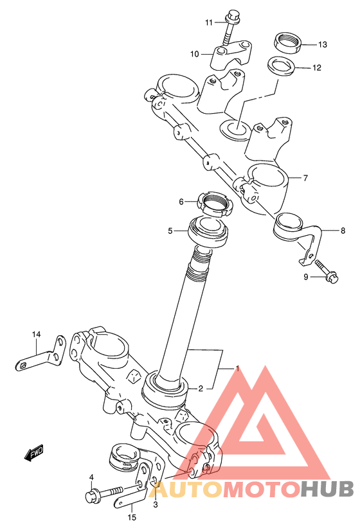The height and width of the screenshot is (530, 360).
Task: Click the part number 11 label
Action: click(x=209, y=22)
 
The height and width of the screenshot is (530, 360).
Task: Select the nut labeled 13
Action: click(x=287, y=42)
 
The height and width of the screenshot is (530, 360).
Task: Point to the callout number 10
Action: click(x=195, y=54)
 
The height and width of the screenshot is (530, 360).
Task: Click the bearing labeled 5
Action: click(x=208, y=232)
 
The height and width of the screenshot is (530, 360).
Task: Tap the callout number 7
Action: click(x=305, y=177)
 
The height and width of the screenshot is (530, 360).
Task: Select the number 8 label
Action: click(x=343, y=231)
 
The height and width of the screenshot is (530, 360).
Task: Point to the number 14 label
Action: click(x=36, y=334)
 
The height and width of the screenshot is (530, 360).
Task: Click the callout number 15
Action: click(x=132, y=517)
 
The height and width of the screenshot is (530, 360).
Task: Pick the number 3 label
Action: click(x=156, y=505)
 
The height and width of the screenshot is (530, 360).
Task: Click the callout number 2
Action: click(x=201, y=389)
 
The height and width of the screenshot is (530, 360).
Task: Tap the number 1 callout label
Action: click(x=237, y=368)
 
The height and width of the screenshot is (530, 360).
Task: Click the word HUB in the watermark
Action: click(x=327, y=489)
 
